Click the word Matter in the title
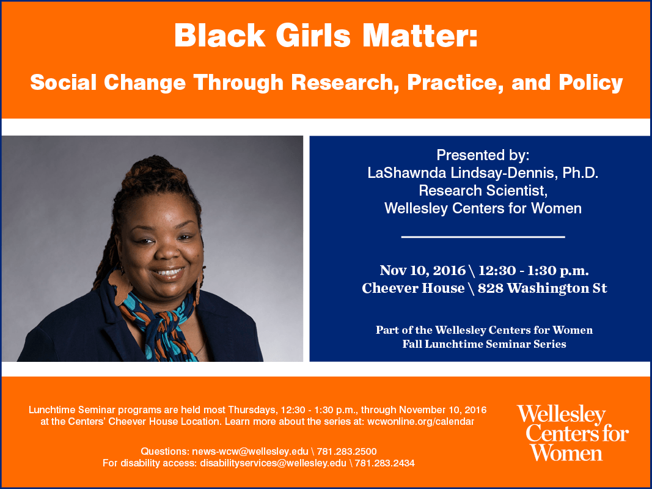420,35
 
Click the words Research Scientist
483,191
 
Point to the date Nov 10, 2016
422,271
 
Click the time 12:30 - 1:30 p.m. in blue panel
533,271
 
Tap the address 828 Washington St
542,288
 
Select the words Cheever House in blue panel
413,288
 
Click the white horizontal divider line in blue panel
483,237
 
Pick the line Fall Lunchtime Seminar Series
484,344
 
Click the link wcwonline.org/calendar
420,422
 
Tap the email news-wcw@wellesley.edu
251,452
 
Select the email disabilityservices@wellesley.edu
273,463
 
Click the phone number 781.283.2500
347,452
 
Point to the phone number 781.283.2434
384,463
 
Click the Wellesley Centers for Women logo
573,433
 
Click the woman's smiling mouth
167,273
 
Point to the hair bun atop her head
152,171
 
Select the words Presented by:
483,155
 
